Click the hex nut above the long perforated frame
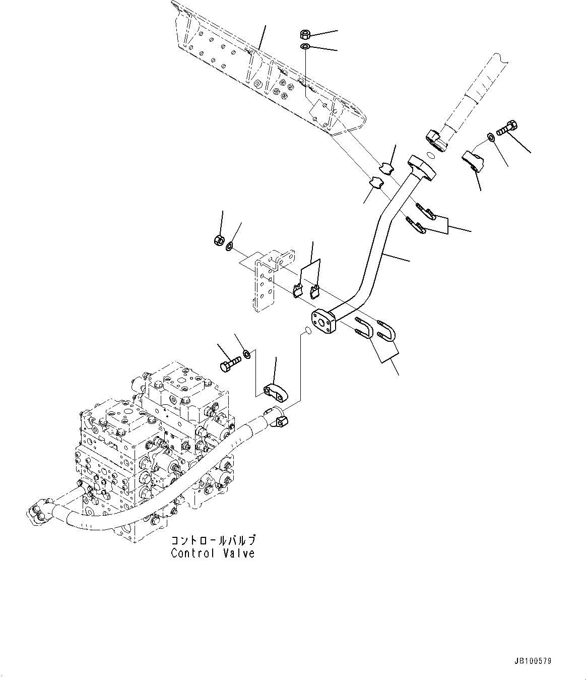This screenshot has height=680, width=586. (x=304, y=34)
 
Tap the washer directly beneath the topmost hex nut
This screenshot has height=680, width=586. (x=305, y=47)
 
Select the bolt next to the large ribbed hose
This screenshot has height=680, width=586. (x=507, y=127)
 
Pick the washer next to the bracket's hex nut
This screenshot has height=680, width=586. (x=229, y=246)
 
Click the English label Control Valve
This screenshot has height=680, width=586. (x=213, y=553)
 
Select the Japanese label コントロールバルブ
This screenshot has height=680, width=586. (x=214, y=540)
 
